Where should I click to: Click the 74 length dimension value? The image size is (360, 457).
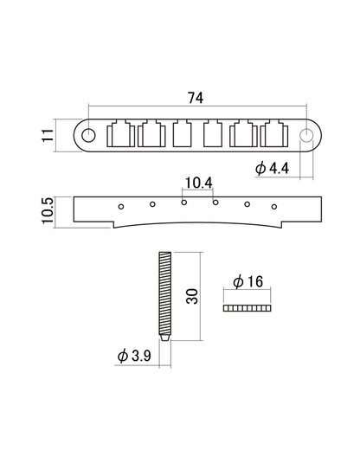(198, 97)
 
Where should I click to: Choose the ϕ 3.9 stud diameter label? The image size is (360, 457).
(139, 356)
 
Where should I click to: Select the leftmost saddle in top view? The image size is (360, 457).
(119, 135)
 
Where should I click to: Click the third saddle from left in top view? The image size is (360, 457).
(182, 135)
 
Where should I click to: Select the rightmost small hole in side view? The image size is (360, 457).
(273, 206)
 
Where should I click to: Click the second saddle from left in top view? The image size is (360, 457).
(151, 135)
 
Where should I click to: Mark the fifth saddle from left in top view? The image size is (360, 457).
(246, 135)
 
